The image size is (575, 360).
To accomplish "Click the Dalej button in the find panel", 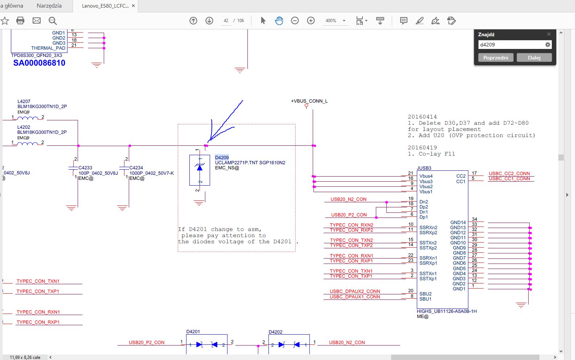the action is (x=534, y=58).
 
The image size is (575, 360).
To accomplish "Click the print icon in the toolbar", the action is (x=20, y=21).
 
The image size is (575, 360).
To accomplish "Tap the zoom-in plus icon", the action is (x=311, y=21).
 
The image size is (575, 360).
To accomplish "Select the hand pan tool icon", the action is (x=279, y=21).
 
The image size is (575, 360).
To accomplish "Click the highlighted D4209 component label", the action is (x=222, y=157).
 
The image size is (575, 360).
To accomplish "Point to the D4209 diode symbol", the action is (x=200, y=170).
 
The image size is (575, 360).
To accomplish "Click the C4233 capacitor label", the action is (x=85, y=167).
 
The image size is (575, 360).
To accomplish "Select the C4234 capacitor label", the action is (x=136, y=167).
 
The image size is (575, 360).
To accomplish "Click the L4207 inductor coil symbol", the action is (x=28, y=118).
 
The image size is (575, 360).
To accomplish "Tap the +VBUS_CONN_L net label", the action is (x=309, y=101).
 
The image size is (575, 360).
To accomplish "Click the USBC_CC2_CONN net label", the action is (x=509, y=173).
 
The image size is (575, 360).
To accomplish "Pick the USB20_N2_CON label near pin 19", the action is (x=348, y=199).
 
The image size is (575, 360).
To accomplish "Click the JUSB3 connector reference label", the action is (x=424, y=168).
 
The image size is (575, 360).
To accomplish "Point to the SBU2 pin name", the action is (x=425, y=294).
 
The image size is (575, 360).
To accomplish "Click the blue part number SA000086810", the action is (x=39, y=63).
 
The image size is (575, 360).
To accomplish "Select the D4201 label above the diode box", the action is (x=193, y=331).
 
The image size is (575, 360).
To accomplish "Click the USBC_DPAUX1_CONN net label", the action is (x=355, y=297).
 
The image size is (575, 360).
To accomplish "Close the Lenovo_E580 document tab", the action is (x=133, y=6).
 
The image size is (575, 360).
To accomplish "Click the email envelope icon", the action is (x=36, y=21).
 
